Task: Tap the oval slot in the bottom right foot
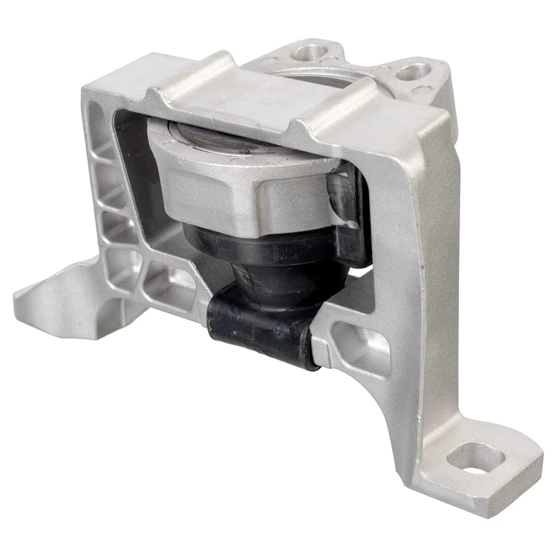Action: click(476, 459)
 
